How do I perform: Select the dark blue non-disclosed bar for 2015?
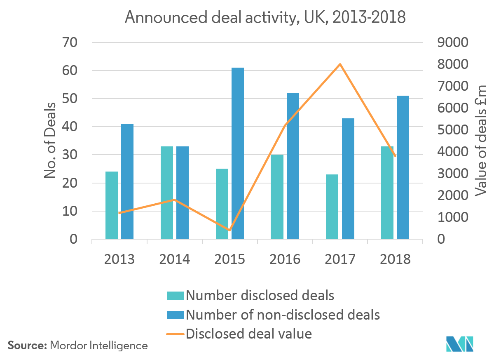point(237,153)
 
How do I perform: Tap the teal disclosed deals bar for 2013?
point(112,205)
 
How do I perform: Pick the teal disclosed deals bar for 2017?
point(332,206)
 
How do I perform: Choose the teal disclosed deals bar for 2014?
point(167,193)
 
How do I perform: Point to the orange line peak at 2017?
point(340,64)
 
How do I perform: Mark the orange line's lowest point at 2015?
point(229,230)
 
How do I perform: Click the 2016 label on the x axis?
point(285,259)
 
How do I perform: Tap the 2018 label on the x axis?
point(395,259)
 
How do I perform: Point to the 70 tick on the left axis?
point(71,42)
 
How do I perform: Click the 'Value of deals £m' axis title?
point(481,140)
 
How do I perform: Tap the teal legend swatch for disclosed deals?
point(175,296)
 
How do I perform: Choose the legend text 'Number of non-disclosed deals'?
point(283,315)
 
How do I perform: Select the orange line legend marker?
point(175,334)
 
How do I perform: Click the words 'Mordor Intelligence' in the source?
point(99,346)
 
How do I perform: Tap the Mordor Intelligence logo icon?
point(460,344)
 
